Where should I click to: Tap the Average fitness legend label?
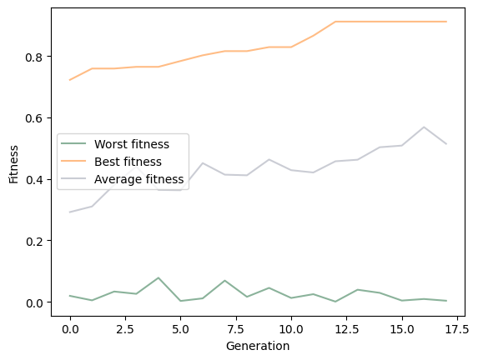pos(138,179)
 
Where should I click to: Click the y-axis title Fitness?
pos(14,164)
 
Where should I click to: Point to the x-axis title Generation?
pos(258,346)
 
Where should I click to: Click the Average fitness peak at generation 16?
pos(424,127)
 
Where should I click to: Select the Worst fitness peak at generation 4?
pos(158,277)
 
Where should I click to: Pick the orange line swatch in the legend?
pos(75,162)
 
